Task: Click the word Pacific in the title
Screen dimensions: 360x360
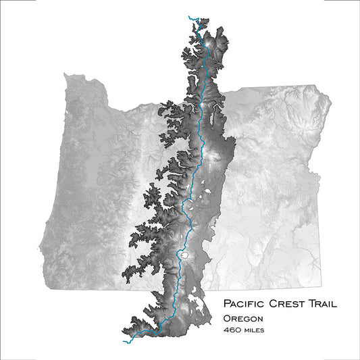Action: click(245, 304)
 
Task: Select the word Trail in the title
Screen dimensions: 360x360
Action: click(326, 304)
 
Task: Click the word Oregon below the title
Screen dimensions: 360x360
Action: click(243, 318)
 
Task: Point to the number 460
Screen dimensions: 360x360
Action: click(232, 330)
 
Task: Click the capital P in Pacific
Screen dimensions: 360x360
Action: click(227, 304)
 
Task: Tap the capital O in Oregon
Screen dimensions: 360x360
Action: click(227, 318)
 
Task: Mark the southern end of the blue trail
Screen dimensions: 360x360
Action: click(124, 340)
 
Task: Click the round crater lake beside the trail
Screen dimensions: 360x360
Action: click(182, 256)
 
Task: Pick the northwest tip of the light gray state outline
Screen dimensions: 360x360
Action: click(65, 74)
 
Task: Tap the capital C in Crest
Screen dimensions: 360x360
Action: click(274, 304)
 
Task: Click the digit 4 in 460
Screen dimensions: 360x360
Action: click(226, 330)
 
